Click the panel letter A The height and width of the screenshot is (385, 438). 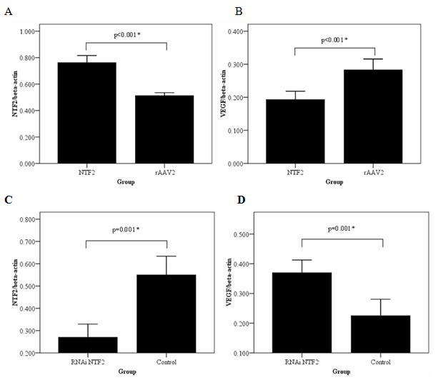point(9,13)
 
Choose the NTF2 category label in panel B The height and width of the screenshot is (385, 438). point(295,172)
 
